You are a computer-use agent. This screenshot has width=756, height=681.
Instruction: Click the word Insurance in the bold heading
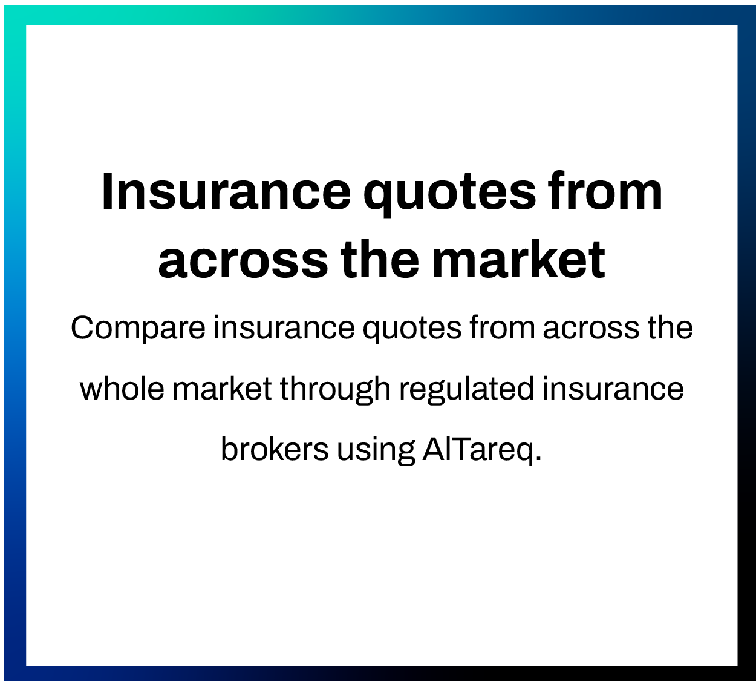(226, 192)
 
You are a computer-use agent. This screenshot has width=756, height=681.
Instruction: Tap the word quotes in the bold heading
(449, 194)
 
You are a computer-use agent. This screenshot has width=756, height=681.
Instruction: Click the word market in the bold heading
(518, 260)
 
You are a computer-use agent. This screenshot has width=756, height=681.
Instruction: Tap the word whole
(122, 389)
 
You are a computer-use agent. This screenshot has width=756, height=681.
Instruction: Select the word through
(335, 390)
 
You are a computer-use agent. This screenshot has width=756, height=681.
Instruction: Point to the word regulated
(466, 390)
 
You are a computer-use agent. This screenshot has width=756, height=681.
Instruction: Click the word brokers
(275, 450)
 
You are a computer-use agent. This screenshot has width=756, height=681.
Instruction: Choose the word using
(376, 451)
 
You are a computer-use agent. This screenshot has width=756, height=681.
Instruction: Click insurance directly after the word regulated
(613, 389)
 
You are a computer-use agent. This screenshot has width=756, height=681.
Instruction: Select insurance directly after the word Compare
(284, 328)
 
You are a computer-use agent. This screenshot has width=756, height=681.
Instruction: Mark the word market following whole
(223, 389)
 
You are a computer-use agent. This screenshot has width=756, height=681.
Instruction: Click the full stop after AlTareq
(538, 459)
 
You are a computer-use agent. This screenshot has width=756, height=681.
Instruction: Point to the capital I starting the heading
(108, 192)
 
